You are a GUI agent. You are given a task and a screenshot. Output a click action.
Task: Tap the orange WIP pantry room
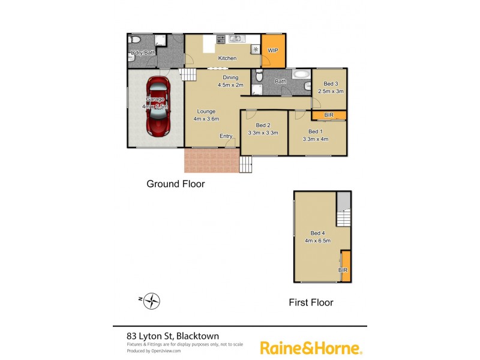(272, 52)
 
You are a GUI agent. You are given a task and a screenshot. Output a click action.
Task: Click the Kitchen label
(227, 58)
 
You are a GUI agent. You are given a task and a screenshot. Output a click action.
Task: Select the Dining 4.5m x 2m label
(230, 82)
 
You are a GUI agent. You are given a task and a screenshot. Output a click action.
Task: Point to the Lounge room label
(206, 115)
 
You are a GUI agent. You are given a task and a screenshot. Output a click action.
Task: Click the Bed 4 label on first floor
(318, 237)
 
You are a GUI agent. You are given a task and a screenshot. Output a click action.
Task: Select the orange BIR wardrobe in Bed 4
(345, 264)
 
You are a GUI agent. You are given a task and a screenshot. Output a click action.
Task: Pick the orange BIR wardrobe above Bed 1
(329, 115)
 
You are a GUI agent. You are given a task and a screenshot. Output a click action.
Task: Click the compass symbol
(153, 299)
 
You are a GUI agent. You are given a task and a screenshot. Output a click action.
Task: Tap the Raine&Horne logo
(311, 347)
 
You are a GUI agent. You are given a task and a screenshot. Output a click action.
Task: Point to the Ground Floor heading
(176, 184)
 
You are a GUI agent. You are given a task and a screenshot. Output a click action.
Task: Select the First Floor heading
(311, 302)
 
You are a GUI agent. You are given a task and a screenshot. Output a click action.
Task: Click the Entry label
(226, 136)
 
